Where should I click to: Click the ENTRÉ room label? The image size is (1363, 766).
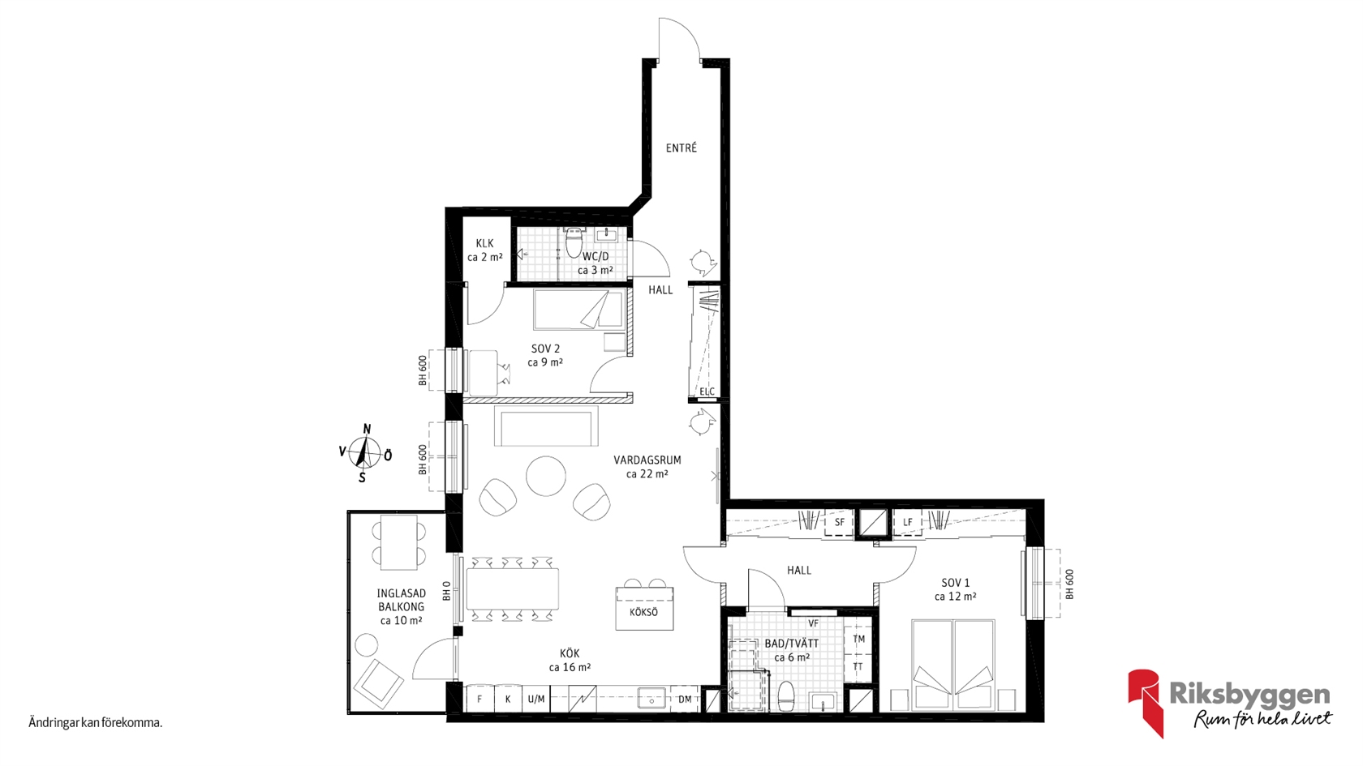(x=681, y=148)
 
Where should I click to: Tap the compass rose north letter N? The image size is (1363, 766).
(x=367, y=430)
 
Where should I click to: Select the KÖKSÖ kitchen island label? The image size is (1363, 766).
(x=644, y=612)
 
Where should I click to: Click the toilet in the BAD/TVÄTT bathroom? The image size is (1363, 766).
(x=787, y=696)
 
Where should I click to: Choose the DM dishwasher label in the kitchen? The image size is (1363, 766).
(x=685, y=699)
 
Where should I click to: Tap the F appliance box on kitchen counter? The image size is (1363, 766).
(x=479, y=699)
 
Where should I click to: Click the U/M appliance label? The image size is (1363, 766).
(x=536, y=699)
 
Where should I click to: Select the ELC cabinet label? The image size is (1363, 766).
(x=707, y=392)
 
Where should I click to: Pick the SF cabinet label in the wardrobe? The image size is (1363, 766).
(x=839, y=522)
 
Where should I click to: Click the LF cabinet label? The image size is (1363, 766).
(x=908, y=522)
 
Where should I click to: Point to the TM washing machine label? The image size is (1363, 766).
(x=858, y=639)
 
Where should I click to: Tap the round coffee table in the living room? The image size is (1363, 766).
(x=546, y=476)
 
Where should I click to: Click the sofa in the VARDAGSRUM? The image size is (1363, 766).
(x=546, y=426)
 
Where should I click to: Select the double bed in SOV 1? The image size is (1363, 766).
(x=952, y=665)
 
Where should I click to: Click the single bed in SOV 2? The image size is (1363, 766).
(x=579, y=310)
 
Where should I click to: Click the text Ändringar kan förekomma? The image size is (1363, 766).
(x=96, y=723)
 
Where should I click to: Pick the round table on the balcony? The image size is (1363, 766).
(x=367, y=644)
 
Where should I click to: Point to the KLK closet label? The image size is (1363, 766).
(x=485, y=244)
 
